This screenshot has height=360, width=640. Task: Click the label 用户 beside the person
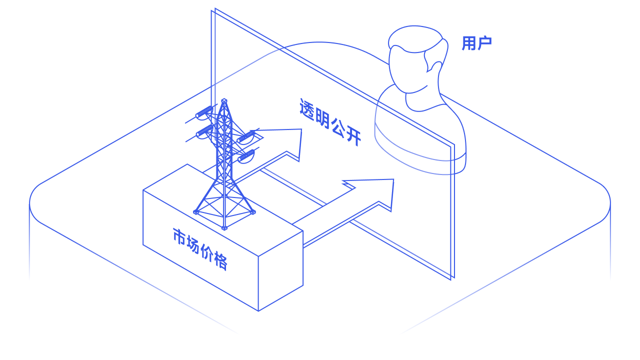(476, 43)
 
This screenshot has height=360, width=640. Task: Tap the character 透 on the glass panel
(307, 110)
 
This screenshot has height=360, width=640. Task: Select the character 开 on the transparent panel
(353, 137)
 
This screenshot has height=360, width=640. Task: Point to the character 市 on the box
(179, 236)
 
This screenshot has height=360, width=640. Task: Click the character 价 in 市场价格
(207, 252)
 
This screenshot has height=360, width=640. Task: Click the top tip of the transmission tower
(224, 100)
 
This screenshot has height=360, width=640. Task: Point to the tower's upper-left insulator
(204, 112)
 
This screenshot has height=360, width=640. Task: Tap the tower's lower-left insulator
(205, 130)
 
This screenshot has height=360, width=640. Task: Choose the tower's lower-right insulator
(246, 155)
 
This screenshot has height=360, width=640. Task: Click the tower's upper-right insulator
(245, 136)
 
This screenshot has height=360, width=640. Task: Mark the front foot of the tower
(224, 228)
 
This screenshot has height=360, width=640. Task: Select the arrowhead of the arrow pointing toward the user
(374, 192)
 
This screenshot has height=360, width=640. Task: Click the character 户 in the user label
(484, 43)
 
